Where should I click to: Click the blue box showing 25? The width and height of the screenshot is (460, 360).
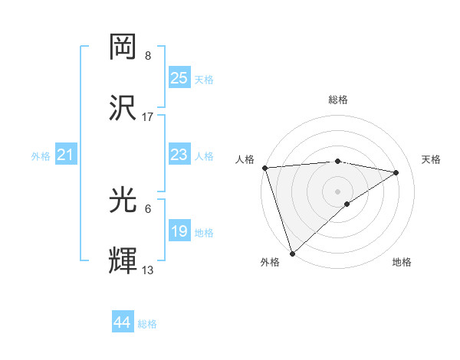coord(179,78)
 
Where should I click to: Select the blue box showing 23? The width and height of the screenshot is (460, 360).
coord(179,155)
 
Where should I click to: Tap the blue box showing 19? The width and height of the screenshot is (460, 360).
coord(179,231)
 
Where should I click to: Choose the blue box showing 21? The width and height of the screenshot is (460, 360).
coord(66,155)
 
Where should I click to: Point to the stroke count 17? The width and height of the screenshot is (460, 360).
coord(148,117)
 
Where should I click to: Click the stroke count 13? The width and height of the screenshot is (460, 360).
coord(148,270)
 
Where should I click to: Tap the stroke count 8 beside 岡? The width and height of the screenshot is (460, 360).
coord(148,56)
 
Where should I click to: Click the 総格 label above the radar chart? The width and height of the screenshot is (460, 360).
coord(338,100)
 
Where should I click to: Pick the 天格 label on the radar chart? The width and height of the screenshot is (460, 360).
coord(432,159)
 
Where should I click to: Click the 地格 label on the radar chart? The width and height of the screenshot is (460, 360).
coord(402,262)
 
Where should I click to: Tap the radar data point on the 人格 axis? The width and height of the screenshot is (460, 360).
coord(264,168)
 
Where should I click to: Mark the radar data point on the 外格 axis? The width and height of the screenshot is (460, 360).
coord(292,253)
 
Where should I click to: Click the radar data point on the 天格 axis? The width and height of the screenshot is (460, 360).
coord(396,172)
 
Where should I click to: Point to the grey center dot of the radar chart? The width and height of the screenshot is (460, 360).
coord(338,191)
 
